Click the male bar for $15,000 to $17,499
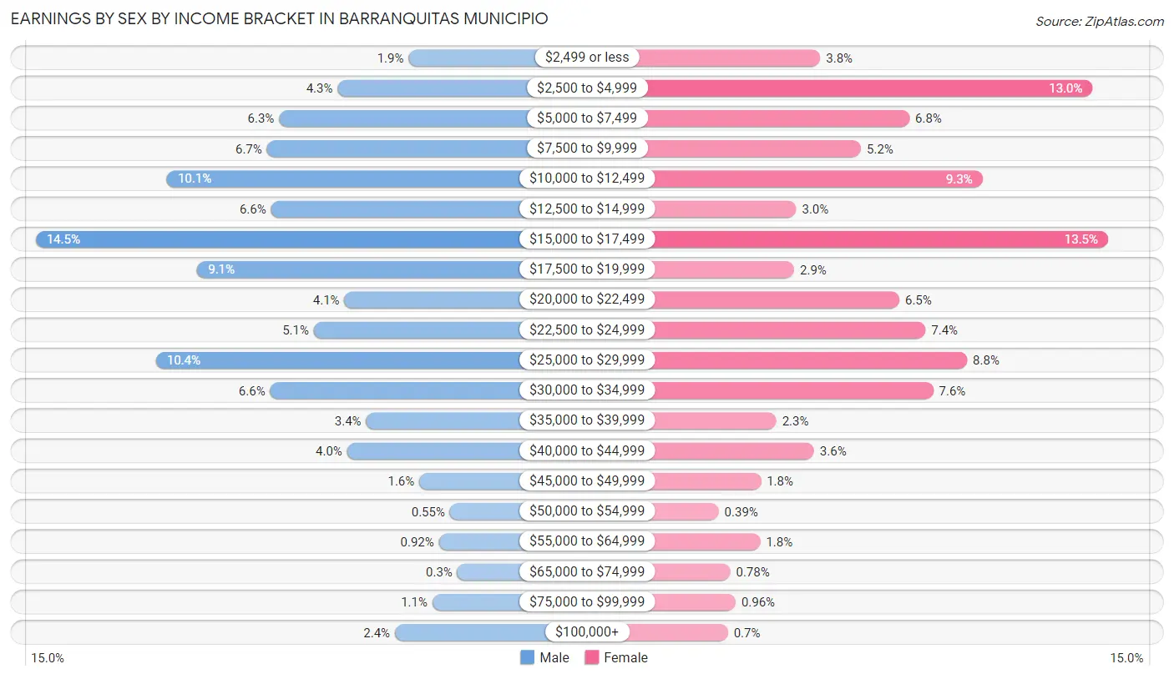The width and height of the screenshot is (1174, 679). (x=284, y=239)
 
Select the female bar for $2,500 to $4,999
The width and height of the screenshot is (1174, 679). (x=868, y=88)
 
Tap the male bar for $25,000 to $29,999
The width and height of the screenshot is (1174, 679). (x=342, y=360)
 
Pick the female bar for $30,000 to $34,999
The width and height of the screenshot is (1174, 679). (x=793, y=390)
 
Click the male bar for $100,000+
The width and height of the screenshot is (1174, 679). (x=472, y=632)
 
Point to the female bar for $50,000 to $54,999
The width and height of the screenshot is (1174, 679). (x=685, y=511)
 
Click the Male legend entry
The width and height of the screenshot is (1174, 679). (x=544, y=657)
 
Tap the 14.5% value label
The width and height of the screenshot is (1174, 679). (x=63, y=239)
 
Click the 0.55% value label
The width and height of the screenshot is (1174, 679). (x=427, y=511)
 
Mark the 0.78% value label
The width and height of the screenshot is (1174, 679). (x=752, y=572)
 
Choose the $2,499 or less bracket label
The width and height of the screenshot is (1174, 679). (x=587, y=58)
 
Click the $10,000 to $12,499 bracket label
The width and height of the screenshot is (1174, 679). (x=587, y=179)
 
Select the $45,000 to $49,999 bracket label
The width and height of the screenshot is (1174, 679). (x=587, y=481)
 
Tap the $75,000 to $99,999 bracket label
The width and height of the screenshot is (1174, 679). (x=587, y=602)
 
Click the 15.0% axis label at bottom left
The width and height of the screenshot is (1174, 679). (x=48, y=657)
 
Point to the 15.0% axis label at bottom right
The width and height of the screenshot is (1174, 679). (x=1126, y=657)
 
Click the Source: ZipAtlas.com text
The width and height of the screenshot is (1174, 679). (x=1099, y=21)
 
